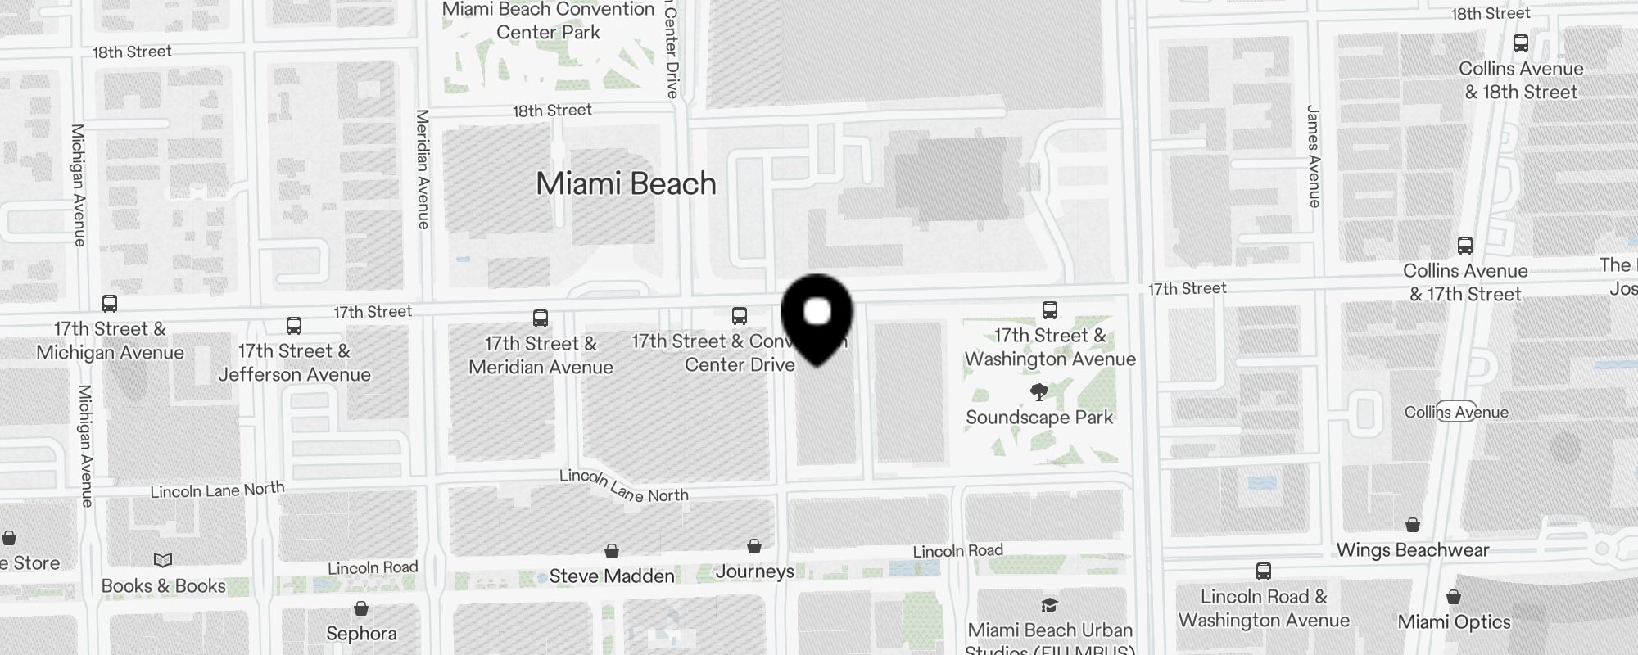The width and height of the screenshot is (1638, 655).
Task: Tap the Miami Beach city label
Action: [x=626, y=183]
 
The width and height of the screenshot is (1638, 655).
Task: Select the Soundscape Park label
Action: [x=1038, y=418]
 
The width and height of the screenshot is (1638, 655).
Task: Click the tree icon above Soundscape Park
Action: [x=1038, y=393]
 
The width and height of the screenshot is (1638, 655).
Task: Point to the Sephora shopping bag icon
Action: [x=361, y=608]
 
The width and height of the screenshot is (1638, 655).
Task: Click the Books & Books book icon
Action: [x=163, y=561]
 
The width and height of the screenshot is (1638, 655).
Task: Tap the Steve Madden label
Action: [x=612, y=576]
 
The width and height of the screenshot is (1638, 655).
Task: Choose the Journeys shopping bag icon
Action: [x=754, y=546]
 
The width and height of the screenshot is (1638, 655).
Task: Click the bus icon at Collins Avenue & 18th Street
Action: [x=1521, y=43]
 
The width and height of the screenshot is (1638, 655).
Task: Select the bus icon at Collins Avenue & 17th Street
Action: [x=1465, y=246]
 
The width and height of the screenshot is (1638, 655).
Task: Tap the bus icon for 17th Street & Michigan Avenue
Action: [x=110, y=304]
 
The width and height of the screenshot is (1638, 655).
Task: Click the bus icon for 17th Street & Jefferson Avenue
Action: [x=294, y=326]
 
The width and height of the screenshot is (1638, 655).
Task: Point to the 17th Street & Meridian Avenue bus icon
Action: [x=541, y=318]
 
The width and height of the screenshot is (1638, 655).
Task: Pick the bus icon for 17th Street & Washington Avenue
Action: [x=1050, y=310]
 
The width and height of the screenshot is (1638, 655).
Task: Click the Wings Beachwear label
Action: [x=1412, y=550]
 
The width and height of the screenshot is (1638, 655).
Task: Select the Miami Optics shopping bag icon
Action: [x=1454, y=597]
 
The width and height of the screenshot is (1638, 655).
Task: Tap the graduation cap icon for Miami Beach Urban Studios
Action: [x=1049, y=606]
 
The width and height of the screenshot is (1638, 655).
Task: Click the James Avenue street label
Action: [x=1314, y=156]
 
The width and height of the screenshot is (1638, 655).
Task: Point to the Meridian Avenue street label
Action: [x=423, y=169]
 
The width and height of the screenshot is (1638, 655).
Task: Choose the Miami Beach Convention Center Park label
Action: [x=548, y=21]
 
